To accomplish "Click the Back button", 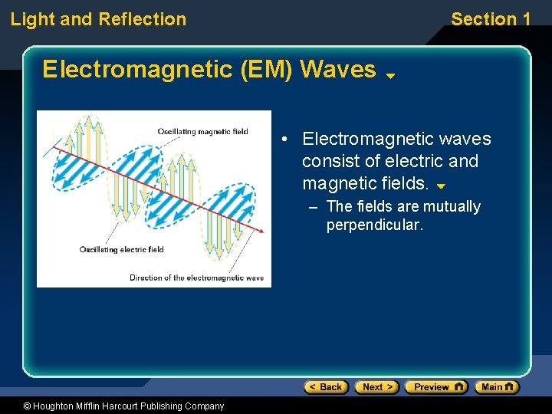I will [326, 387].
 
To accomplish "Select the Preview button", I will [435, 387].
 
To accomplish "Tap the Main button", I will [497, 387].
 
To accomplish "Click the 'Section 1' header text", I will [491, 19].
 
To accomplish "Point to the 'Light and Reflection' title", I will [98, 19].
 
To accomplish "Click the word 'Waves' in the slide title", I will [338, 70].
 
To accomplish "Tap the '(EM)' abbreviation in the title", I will [267, 70].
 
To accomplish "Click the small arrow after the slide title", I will [389, 76].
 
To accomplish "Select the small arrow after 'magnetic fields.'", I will [440, 186].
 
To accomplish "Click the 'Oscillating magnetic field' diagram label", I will [202, 131].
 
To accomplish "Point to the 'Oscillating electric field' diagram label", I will [121, 249].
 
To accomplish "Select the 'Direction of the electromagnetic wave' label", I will [196, 278].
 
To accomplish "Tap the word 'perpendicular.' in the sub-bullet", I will [374, 225].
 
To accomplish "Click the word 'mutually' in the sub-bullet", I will [452, 206].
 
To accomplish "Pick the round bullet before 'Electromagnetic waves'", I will [284, 140].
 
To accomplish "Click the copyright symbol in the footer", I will [27, 406].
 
